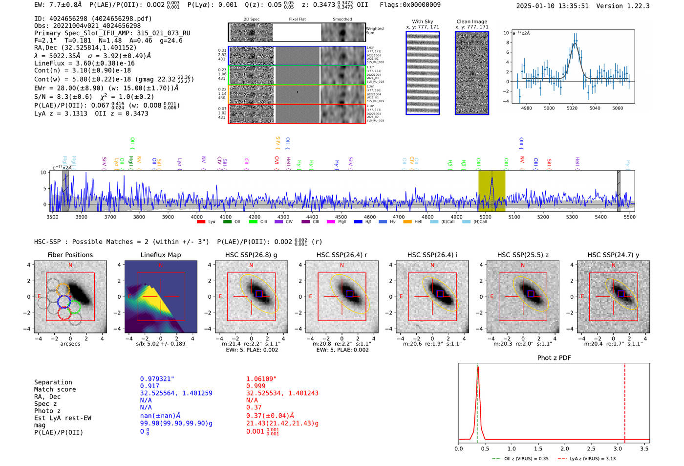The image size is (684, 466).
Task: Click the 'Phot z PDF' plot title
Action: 554,358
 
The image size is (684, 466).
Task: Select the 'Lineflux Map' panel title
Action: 160,255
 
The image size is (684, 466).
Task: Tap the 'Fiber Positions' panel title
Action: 70,255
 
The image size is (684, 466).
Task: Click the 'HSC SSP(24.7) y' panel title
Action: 613,255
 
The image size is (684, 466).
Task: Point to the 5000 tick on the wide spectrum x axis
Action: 485,217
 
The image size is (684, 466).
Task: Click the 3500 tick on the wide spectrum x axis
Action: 52,217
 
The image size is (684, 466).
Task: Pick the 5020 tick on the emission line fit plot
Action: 572,108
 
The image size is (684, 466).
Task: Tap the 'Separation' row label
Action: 53,382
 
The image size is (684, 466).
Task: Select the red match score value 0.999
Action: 256,386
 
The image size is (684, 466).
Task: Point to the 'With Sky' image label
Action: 423,22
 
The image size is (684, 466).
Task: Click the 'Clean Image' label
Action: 471,22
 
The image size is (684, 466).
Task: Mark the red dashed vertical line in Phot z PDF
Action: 625,401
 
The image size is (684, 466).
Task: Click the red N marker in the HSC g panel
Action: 251,266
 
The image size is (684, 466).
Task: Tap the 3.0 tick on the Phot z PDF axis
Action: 618,448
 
